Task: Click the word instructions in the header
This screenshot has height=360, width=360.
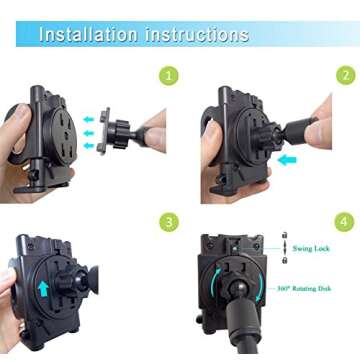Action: tap(193, 34)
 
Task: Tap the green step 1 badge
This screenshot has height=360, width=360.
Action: tap(170, 75)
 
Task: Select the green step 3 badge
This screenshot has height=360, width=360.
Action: tap(170, 221)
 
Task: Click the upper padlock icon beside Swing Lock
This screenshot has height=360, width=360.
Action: tap(284, 245)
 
